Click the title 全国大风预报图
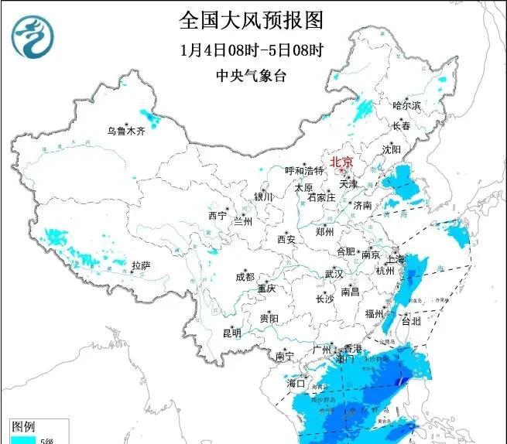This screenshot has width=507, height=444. coord(251,18)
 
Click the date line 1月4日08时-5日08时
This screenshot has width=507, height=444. coord(251,50)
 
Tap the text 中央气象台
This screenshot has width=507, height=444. coord(251,75)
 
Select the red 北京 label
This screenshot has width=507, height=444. coord(341,162)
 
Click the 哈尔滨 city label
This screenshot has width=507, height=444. coord(406,104)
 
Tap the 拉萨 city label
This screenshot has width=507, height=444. coord(140,265)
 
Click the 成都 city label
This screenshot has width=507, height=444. coord(245,277)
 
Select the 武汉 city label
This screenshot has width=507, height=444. coord(334,274)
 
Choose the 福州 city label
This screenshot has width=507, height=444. coord(375,313)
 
